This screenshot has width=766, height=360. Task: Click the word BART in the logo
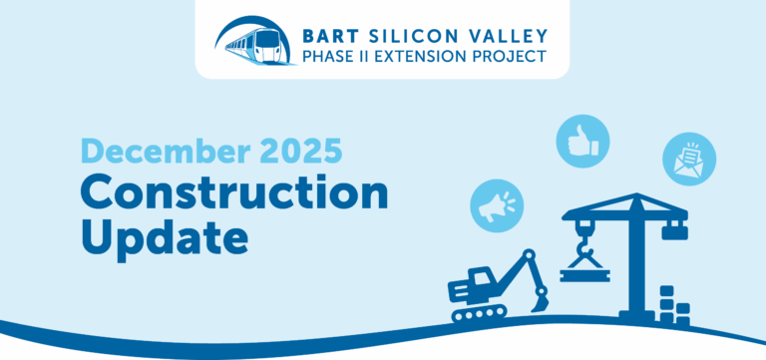click(332, 30)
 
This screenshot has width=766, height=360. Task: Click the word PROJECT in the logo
click(514, 56)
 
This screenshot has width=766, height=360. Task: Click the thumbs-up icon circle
click(582, 141)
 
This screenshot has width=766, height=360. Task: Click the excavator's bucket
click(541, 296)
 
